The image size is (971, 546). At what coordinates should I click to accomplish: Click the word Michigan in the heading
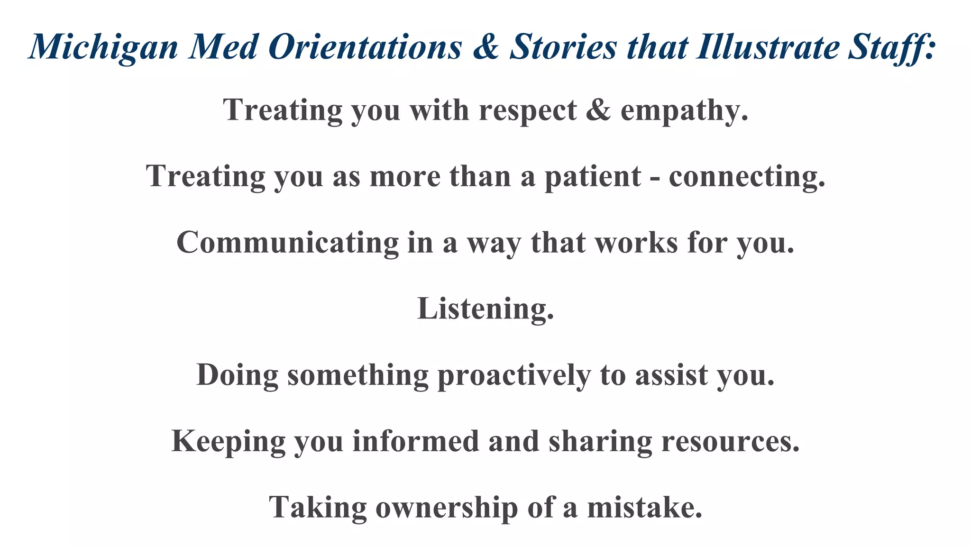[103, 47]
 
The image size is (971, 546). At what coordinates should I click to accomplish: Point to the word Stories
[563, 46]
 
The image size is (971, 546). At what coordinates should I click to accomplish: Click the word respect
[528, 111]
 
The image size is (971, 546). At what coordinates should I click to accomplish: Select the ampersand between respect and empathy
[599, 110]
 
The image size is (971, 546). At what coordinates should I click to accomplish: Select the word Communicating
[287, 243]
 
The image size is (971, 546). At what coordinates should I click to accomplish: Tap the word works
[636, 243]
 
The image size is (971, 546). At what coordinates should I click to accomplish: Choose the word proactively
[514, 375]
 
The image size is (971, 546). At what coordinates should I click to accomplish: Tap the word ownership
[447, 507]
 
